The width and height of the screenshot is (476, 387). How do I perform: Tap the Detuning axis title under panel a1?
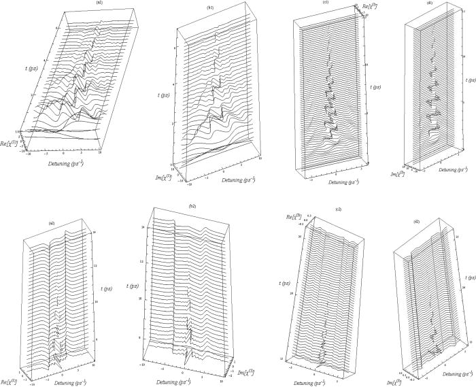coord(69,165)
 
